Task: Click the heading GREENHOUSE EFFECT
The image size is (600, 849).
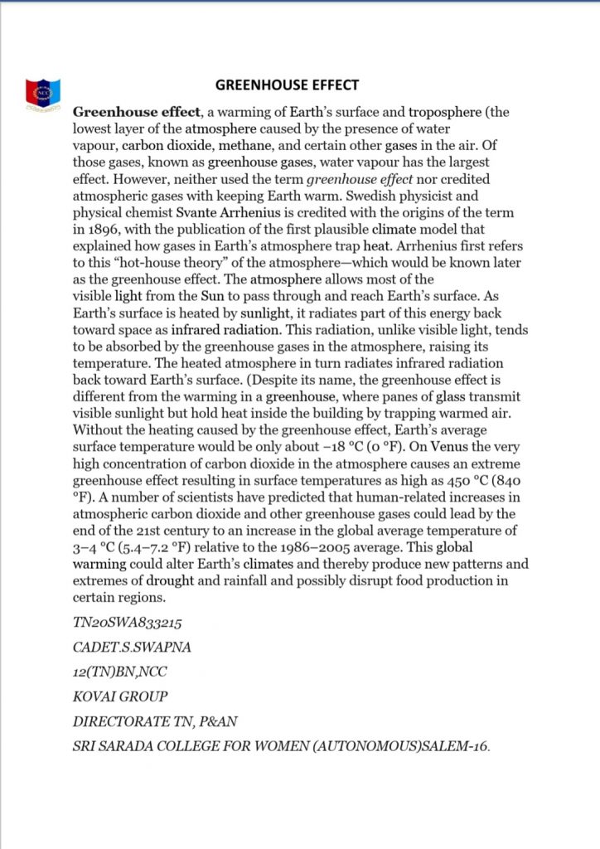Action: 287,85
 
